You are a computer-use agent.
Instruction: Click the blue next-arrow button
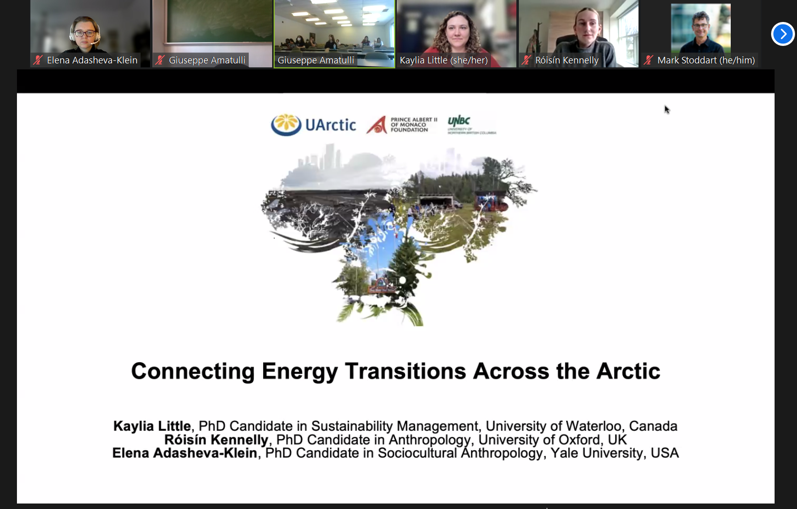pos(783,34)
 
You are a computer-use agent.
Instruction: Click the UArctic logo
pos(314,125)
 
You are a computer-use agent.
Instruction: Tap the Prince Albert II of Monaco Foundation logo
pos(402,125)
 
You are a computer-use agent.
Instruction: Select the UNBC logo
pos(471,125)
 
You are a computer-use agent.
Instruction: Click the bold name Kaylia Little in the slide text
pos(152,426)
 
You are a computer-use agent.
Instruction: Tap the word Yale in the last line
pos(564,453)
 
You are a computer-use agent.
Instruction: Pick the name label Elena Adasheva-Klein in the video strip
pos(92,60)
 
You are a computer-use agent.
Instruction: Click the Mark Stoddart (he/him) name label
pos(706,60)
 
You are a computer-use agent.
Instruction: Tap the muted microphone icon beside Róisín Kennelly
pos(526,60)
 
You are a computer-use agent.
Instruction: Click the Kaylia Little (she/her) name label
pos(444,60)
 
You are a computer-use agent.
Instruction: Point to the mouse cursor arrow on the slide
pos(666,109)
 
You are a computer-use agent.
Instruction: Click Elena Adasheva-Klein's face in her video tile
pos(85,32)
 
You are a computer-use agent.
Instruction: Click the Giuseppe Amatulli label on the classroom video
pos(316,60)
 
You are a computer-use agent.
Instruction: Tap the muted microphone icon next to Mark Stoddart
pos(648,60)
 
